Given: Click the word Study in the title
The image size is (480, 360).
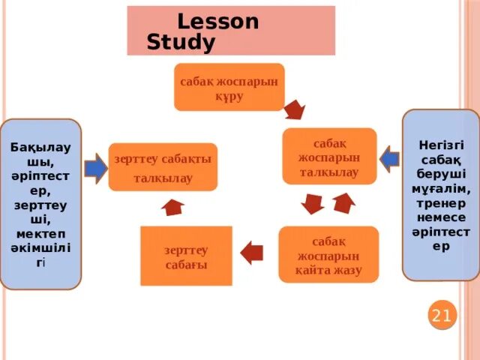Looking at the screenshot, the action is pyautogui.click(x=181, y=43).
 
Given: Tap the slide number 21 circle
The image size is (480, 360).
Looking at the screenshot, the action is pyautogui.click(x=441, y=316).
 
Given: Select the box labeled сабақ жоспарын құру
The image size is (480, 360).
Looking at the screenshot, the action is pyautogui.click(x=229, y=87).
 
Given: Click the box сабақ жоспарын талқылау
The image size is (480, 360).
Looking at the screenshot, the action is pyautogui.click(x=329, y=156).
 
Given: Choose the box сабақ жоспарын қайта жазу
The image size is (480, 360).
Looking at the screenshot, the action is pyautogui.click(x=328, y=255).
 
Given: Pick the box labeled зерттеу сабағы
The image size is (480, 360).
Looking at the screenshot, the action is pyautogui.click(x=186, y=256).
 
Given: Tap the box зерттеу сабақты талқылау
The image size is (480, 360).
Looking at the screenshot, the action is pyautogui.click(x=163, y=167).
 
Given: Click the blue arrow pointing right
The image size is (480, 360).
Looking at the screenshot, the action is pyautogui.click(x=95, y=167).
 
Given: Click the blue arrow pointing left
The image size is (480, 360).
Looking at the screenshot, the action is pyautogui.click(x=390, y=159).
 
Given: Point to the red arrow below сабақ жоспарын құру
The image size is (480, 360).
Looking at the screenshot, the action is pyautogui.click(x=294, y=109).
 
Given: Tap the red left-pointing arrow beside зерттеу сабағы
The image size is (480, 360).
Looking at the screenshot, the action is pyautogui.click(x=251, y=250).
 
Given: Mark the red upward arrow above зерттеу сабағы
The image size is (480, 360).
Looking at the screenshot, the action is pyautogui.click(x=173, y=207).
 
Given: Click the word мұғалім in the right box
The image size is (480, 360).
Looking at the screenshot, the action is pyautogui.click(x=441, y=187).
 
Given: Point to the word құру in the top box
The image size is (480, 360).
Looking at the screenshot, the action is pyautogui.click(x=229, y=97).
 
